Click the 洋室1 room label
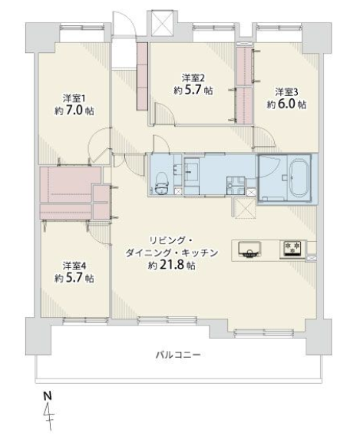click(x=74, y=99)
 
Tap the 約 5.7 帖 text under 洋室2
click(x=193, y=90)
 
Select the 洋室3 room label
click(x=286, y=92)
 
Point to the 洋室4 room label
click(x=74, y=266)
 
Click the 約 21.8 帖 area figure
click(x=172, y=266)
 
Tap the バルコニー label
click(x=178, y=355)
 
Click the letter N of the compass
click(x=48, y=396)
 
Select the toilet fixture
click(x=162, y=183)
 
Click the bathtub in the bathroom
click(x=299, y=177)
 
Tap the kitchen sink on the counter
click(x=249, y=250)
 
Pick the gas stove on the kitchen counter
click(x=292, y=250)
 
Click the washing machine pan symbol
click(x=236, y=185)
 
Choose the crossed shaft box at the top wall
click(x=162, y=23)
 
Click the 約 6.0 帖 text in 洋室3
click(x=286, y=104)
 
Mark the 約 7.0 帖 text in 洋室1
click(x=74, y=111)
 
